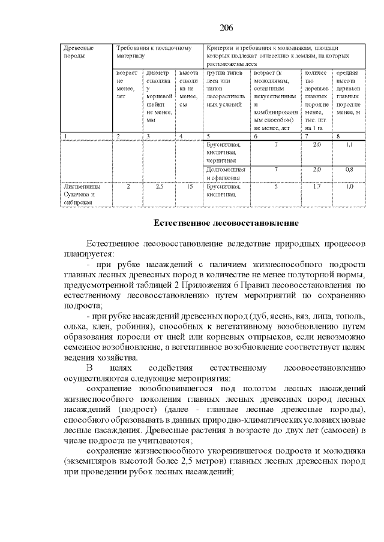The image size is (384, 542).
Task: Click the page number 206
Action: [x=226, y=28]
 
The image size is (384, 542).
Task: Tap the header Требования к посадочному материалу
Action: [x=154, y=51]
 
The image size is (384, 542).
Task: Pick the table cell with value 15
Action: [x=189, y=187]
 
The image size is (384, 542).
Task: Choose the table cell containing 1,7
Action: [x=317, y=187]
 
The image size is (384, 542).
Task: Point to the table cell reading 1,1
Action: [x=349, y=145]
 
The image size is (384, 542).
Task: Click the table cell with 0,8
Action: [x=349, y=169]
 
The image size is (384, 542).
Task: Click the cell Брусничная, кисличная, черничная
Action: [x=223, y=153]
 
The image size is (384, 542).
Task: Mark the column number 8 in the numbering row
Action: [x=338, y=137]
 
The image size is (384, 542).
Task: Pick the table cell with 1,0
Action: [x=349, y=187]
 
